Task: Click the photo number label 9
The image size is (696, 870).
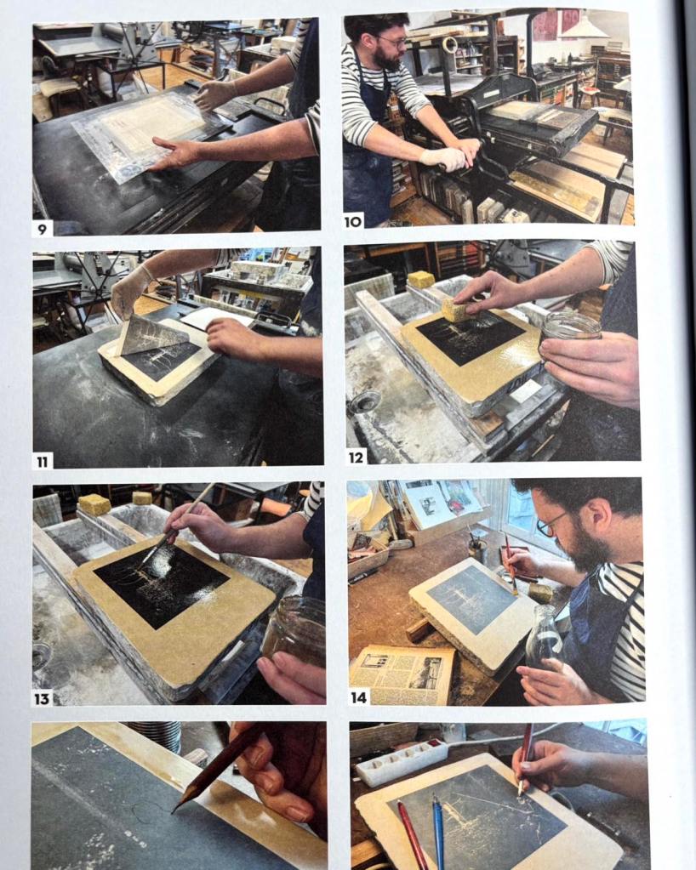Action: [43, 227]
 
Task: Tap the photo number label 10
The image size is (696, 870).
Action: [353, 221]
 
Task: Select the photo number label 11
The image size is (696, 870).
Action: [43, 461]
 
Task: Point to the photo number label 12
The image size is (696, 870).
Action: [355, 457]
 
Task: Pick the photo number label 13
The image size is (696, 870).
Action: [43, 698]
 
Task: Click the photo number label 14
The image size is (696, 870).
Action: [358, 697]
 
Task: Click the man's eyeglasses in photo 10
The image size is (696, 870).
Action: [393, 42]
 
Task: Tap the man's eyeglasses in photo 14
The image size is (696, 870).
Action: [550, 525]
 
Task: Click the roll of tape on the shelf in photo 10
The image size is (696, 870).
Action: [449, 45]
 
